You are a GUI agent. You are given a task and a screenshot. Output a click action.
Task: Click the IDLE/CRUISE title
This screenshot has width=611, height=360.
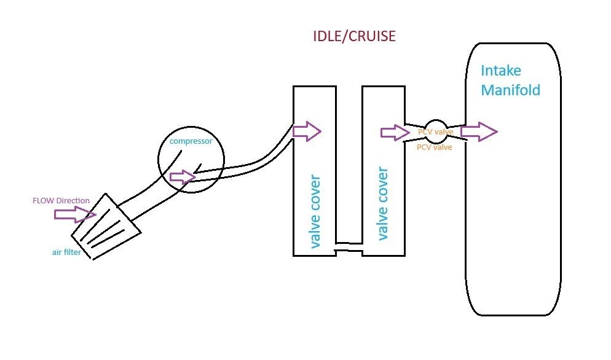click(x=353, y=37)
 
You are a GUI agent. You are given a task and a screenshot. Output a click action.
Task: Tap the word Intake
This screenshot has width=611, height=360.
click(x=500, y=70)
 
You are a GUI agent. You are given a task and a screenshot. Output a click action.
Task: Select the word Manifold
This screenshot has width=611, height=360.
click(x=510, y=90)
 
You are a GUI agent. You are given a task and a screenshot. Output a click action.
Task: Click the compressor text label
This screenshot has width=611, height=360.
click(x=191, y=141)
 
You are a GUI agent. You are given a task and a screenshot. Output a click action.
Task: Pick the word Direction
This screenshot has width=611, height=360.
click(x=75, y=201)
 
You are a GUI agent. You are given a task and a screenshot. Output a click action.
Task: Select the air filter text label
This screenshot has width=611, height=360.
click(x=66, y=252)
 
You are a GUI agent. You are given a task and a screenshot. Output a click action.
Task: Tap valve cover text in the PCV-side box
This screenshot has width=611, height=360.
click(x=384, y=203)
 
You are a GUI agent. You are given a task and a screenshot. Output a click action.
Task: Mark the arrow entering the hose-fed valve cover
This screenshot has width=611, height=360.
click(x=306, y=131)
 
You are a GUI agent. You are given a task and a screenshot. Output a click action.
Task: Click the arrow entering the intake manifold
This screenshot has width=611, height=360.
click(x=478, y=131)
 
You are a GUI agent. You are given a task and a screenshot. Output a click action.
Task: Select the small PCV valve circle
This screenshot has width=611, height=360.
click(x=435, y=131)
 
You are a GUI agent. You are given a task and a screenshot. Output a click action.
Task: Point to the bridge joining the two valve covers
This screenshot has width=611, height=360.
click(x=349, y=248)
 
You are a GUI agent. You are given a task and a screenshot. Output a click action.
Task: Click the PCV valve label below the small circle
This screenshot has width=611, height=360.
click(x=434, y=147)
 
